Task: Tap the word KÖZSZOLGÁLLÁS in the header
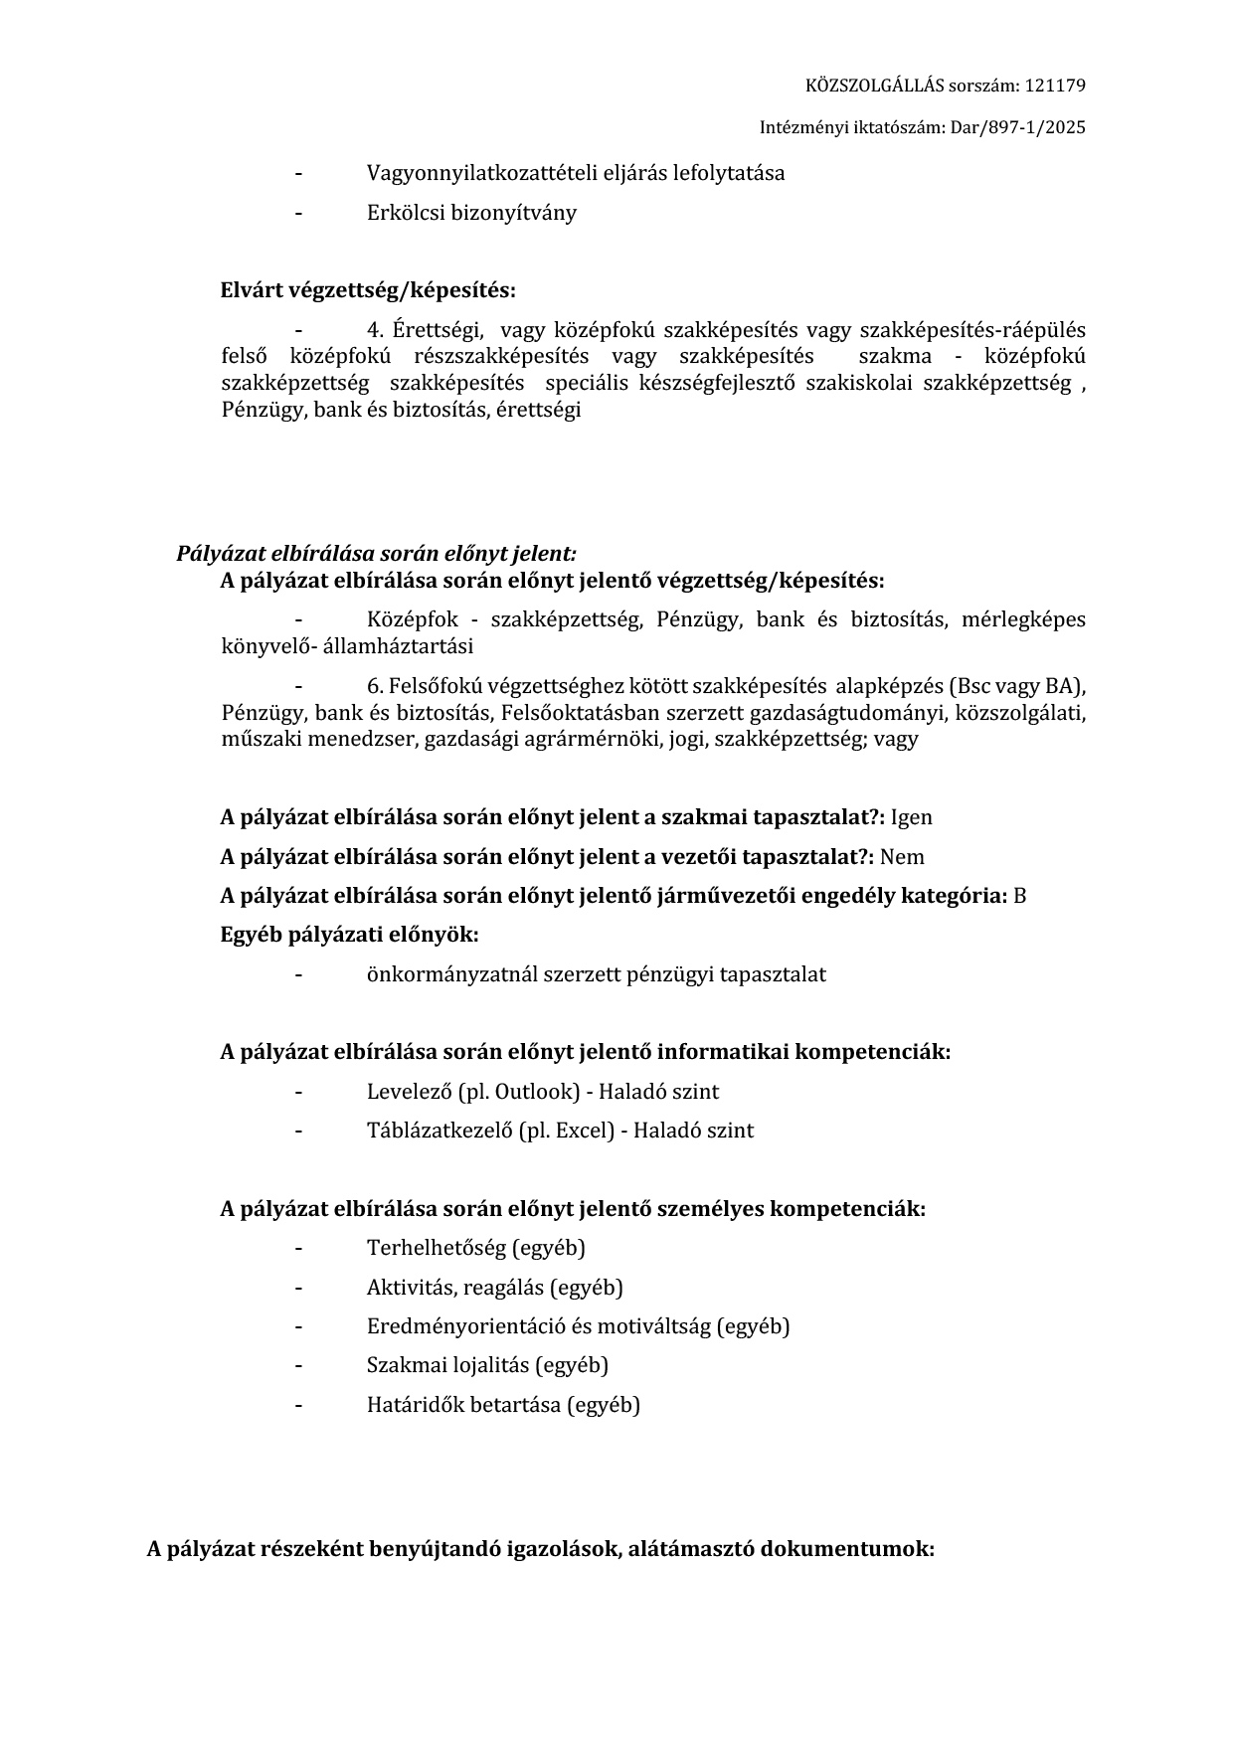[860, 86]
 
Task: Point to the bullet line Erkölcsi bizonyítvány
[471, 213]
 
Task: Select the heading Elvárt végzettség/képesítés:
[368, 290]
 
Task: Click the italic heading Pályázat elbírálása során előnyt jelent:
[376, 554]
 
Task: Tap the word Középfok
[413, 619]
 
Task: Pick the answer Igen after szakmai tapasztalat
[911, 817]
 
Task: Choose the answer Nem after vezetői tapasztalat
[902, 857]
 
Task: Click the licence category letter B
[1019, 896]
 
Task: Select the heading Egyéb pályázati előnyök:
[349, 935]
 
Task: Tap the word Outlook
[537, 1092]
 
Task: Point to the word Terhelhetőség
[436, 1248]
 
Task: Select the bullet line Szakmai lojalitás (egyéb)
[487, 1365]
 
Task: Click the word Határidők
[413, 1405]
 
